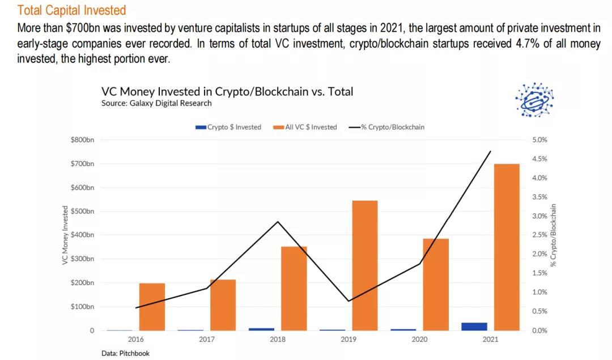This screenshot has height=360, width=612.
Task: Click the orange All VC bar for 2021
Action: (507, 247)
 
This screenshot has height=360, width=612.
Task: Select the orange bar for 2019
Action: (365, 265)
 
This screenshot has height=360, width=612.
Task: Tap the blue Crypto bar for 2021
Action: (475, 326)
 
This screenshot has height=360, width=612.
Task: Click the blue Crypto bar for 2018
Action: (262, 329)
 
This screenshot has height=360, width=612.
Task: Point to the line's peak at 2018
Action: (278, 222)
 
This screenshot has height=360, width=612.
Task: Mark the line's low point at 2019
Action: (349, 301)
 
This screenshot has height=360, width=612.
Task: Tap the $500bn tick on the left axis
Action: (83, 211)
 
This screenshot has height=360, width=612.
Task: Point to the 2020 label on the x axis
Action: (420, 340)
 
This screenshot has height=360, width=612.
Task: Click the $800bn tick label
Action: (83, 140)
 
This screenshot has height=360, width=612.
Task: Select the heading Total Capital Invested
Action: (71, 10)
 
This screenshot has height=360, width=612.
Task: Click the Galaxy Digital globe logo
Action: (534, 100)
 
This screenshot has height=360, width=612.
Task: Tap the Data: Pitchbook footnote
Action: (125, 353)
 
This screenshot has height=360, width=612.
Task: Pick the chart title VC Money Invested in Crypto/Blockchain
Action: (227, 91)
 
